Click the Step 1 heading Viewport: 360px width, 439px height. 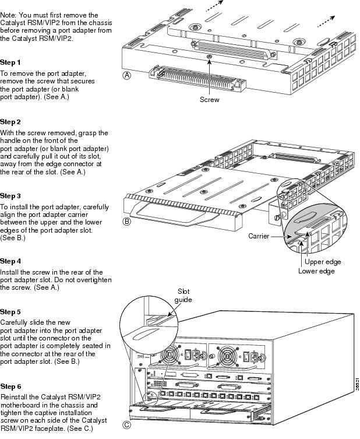click(10, 62)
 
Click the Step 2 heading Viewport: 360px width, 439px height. click(10, 122)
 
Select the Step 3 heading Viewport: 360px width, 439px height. click(10, 196)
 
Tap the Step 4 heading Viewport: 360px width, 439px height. click(10, 261)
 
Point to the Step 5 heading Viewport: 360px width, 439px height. click(10, 312)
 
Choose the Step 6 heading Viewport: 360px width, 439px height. click(10, 386)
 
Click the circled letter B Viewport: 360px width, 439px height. click(127, 222)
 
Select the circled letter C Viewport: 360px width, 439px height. click(127, 424)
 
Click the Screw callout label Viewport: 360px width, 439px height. click(210, 100)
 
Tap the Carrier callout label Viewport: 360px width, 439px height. click(258, 237)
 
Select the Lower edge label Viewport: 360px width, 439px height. click(316, 271)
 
